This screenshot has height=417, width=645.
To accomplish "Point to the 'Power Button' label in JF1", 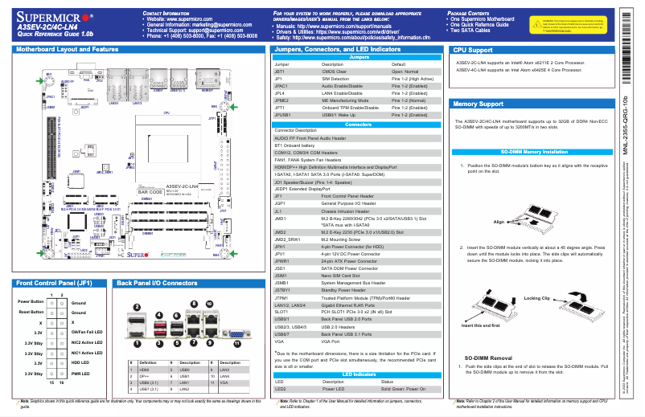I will pyautogui.click(x=31, y=301).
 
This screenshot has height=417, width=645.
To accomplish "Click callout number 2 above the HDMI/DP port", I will pyautogui.click(x=138, y=307).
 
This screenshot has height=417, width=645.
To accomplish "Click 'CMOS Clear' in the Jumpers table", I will pyautogui.click(x=335, y=72).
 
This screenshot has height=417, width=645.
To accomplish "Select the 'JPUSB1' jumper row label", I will pyautogui.click(x=283, y=114).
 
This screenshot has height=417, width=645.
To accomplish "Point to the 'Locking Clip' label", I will pyautogui.click(x=537, y=298).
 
